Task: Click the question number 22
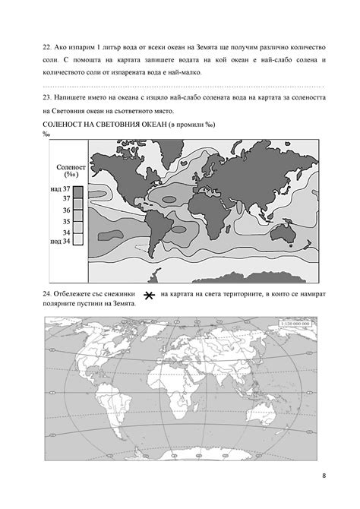pyautogui.click(x=47, y=46)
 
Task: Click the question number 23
pyautogui.click(x=47, y=99)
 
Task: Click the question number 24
pyautogui.click(x=47, y=292)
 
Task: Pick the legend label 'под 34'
pyautogui.click(x=60, y=241)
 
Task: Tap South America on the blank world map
pyautogui.click(x=126, y=410)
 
